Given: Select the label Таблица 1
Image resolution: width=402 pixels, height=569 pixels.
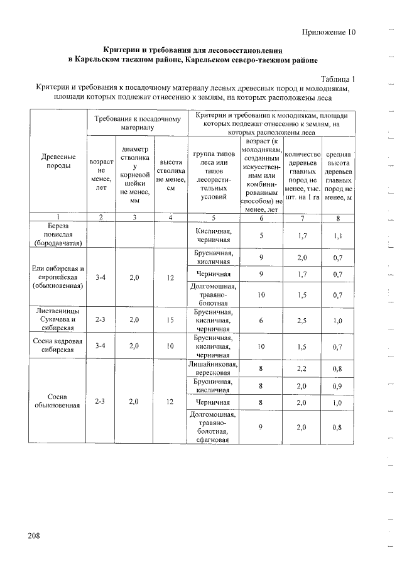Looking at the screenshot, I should click(338, 79).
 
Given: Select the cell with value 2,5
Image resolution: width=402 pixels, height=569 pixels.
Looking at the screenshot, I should click(301, 320).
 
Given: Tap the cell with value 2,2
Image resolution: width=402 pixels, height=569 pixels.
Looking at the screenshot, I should click(301, 368).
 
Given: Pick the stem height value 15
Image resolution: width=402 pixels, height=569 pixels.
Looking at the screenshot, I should click(170, 320).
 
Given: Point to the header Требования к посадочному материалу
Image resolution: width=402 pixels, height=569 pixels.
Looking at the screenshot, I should click(138, 123).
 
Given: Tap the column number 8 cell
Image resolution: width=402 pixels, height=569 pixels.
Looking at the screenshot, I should click(337, 218).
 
